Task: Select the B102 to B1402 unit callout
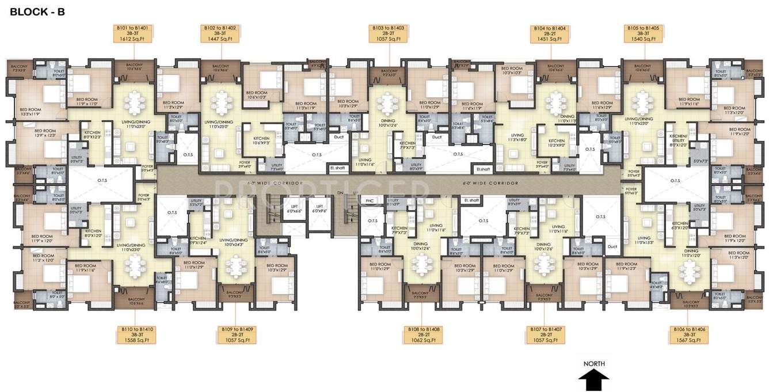219,33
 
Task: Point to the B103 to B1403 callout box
389,33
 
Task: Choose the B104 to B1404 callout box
550,33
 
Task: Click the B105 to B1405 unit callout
645,33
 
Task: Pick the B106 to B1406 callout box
686,334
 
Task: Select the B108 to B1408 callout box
424,334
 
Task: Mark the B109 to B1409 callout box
238,334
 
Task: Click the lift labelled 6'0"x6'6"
294,208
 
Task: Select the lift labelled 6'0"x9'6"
319,208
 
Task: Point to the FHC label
370,201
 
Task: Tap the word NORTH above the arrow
594,364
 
